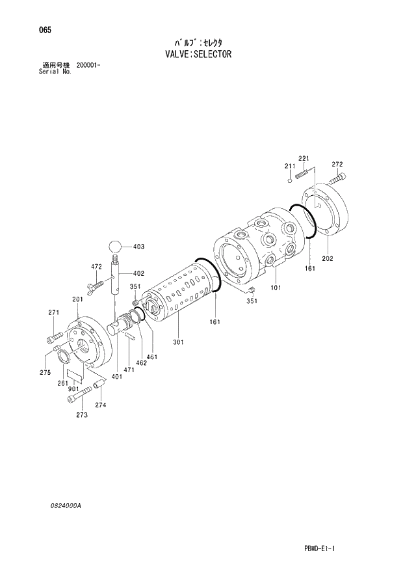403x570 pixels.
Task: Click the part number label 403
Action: click(x=138, y=247)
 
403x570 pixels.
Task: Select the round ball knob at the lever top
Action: click(x=116, y=247)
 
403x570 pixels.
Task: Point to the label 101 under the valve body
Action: click(x=276, y=287)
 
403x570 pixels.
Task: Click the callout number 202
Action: click(x=327, y=258)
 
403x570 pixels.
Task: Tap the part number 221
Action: click(x=303, y=159)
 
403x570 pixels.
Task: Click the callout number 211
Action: click(x=289, y=167)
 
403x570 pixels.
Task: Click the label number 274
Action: click(x=100, y=405)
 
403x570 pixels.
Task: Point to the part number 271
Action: click(x=54, y=313)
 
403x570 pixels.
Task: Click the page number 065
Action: click(x=45, y=31)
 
